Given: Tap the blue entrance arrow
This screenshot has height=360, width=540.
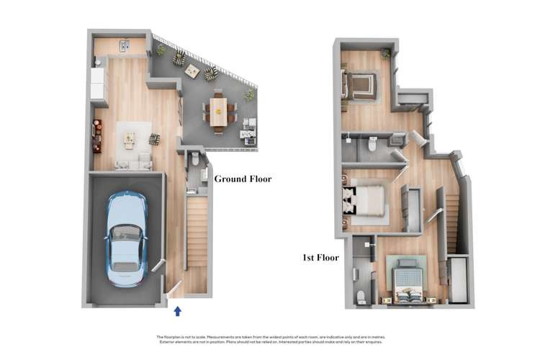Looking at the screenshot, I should (x=178, y=310).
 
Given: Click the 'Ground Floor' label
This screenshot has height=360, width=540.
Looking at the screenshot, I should (x=243, y=179).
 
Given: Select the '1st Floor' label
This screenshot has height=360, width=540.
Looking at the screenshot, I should (x=320, y=256).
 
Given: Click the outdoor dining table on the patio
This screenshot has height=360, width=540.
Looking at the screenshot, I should (x=218, y=111).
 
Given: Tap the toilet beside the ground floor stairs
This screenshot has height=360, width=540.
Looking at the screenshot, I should (x=195, y=160).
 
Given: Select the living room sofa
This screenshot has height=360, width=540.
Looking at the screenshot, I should (x=133, y=163).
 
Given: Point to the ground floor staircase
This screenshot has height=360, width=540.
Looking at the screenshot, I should (x=197, y=230).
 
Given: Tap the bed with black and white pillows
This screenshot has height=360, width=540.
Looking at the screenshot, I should (x=365, y=200).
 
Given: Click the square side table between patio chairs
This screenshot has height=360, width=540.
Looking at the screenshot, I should (x=192, y=71).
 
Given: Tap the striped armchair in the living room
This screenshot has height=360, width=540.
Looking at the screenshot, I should (x=154, y=138).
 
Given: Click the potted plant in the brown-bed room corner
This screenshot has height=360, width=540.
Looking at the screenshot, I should (x=385, y=53).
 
